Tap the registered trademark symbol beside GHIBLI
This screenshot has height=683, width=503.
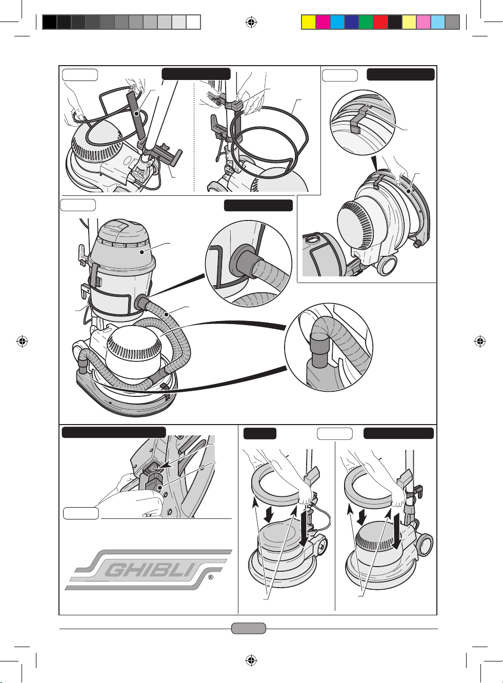[x=211, y=578]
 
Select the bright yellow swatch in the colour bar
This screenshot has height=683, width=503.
[x=308, y=22]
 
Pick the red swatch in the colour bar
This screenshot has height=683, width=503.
[x=380, y=22]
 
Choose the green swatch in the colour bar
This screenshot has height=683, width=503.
[x=366, y=22]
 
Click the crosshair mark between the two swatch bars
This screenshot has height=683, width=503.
[x=251, y=22]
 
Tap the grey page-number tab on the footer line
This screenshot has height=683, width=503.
[x=249, y=628]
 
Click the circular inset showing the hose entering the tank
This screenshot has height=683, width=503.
[x=248, y=264]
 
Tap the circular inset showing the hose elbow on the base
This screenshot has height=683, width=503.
[x=328, y=347]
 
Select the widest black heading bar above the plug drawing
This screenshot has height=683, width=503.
[x=114, y=432]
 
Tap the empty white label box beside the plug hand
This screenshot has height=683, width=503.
[x=81, y=513]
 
